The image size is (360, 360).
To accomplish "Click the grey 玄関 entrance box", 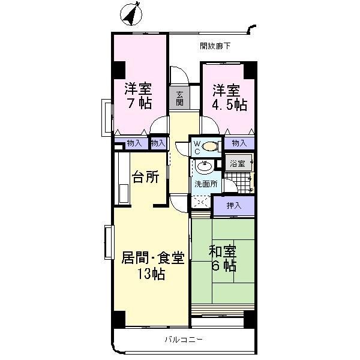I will tap(179, 97).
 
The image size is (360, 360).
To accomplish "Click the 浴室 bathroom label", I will tap(238, 163).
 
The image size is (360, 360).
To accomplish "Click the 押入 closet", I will tap(234, 205).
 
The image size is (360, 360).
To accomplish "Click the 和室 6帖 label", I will tap(221, 257).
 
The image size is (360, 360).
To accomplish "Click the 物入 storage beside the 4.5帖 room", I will tap(239, 143).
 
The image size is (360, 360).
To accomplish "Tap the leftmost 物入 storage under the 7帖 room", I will tap(134, 143).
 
